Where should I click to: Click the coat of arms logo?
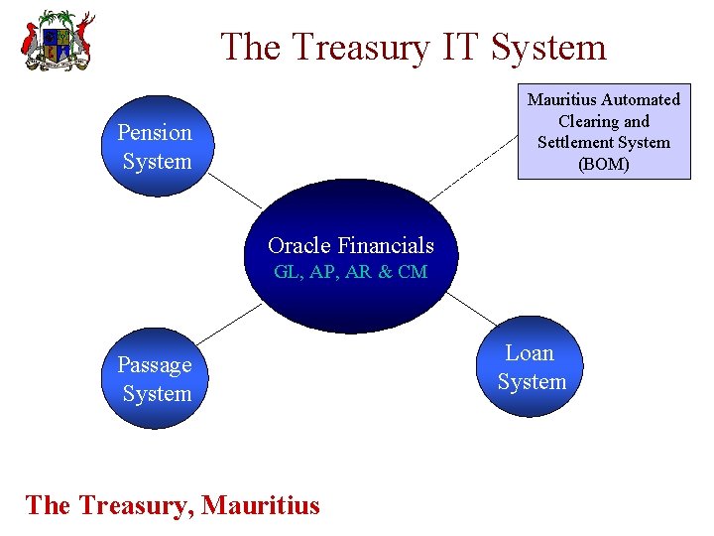(x=58, y=41)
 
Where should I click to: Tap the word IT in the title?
(x=463, y=47)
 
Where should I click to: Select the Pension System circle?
(x=154, y=147)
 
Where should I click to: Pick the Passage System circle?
(x=154, y=379)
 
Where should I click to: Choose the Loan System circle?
(x=532, y=367)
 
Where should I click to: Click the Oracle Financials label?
(x=350, y=245)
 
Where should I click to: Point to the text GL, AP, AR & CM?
(x=350, y=272)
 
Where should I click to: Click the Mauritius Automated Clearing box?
(x=603, y=131)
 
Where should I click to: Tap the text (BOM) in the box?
(x=603, y=164)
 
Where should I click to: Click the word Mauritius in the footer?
(x=261, y=505)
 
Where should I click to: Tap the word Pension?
(x=155, y=132)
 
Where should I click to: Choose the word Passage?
(x=155, y=364)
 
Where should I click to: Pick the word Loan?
(x=531, y=352)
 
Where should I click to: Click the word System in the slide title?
(x=549, y=47)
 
